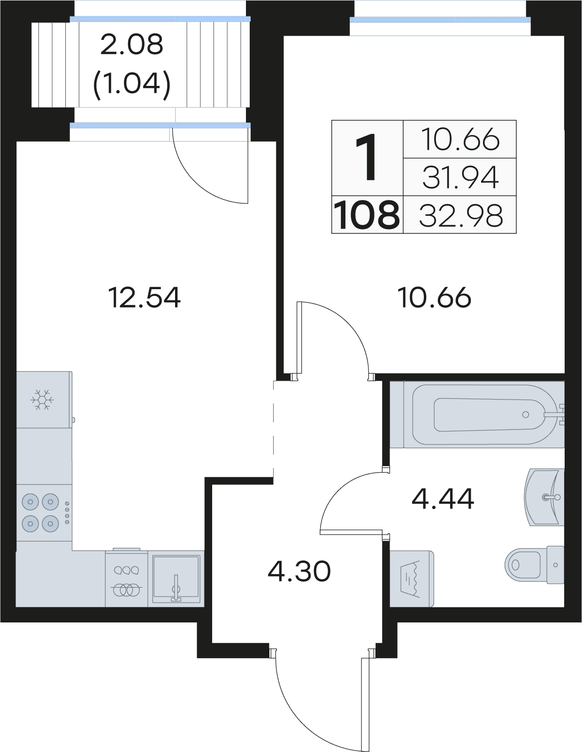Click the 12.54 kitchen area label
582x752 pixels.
(144, 297)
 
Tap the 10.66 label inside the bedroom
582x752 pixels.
(434, 297)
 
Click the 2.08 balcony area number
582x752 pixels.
(132, 44)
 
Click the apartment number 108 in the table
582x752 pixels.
(367, 215)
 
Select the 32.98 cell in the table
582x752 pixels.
(460, 215)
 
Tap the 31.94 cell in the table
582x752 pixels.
(460, 177)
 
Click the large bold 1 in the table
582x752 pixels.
(367, 158)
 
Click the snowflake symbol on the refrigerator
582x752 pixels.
(42, 400)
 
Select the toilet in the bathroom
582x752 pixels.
(534, 565)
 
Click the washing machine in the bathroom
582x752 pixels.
(412, 579)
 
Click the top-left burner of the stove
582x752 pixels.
(31, 501)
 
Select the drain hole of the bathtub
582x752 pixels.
(526, 414)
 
